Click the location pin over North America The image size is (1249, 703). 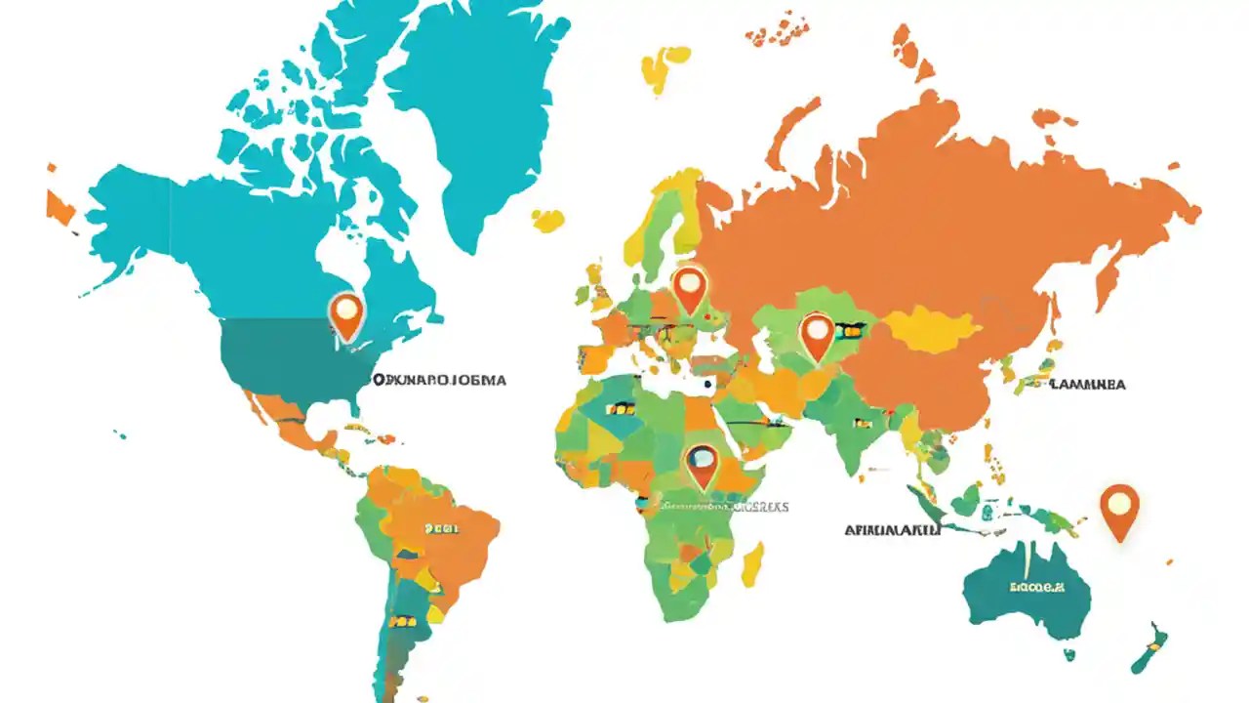pos(346,313)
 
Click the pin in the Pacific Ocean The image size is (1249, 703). pos(1119,508)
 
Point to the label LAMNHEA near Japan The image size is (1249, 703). pos(1087,385)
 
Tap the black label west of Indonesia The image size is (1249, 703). pos(892,530)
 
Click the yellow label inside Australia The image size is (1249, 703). pos(1035,588)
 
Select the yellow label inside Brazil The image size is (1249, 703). pos(441,528)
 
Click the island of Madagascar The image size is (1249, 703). pos(752,565)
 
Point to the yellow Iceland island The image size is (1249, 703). pos(548,221)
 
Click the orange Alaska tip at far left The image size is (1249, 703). pos(60,206)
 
